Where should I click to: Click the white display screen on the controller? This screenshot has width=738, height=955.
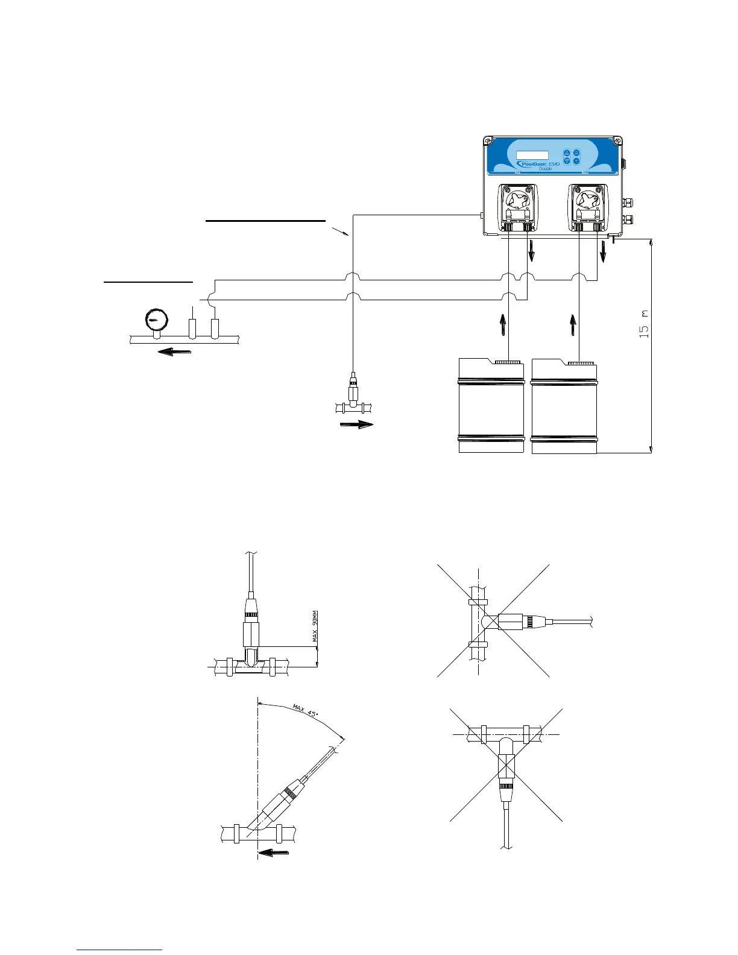pyautogui.click(x=532, y=155)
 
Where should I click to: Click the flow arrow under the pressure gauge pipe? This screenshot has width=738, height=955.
pyautogui.click(x=174, y=351)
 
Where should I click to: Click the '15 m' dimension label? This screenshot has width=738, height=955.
pyautogui.click(x=644, y=323)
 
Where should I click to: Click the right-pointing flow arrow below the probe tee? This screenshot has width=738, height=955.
pyautogui.click(x=357, y=424)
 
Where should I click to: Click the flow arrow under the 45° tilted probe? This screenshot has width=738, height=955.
pyautogui.click(x=274, y=852)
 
